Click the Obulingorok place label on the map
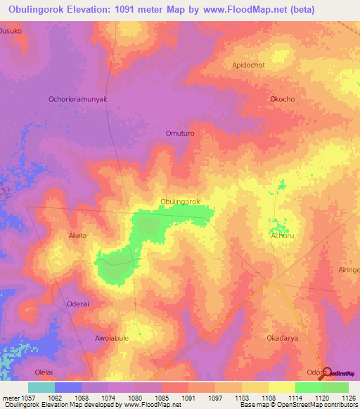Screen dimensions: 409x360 181,202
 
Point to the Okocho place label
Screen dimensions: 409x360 282,99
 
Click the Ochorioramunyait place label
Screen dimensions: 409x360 77,99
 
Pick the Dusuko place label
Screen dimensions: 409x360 11,31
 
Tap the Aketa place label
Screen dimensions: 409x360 77,235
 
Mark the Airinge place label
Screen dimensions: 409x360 348,270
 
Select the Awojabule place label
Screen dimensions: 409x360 112,338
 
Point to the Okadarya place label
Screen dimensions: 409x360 282,338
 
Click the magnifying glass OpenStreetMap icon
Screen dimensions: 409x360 326,372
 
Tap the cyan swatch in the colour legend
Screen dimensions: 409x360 41,387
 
